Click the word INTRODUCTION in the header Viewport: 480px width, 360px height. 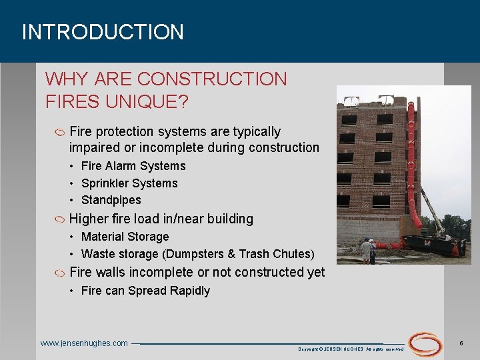[103, 32]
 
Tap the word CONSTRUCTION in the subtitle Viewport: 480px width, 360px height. [212, 79]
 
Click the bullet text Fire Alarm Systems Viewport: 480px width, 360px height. [133, 166]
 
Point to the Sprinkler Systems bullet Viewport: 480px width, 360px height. [129, 183]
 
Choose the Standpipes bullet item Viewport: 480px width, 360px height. [111, 200]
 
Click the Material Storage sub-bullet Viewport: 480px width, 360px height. [125, 237]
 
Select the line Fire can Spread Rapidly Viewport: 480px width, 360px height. [145, 291]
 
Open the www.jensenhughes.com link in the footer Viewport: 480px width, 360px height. [84, 343]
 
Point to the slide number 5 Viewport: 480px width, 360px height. [461, 343]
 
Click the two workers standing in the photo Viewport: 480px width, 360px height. [367, 251]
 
